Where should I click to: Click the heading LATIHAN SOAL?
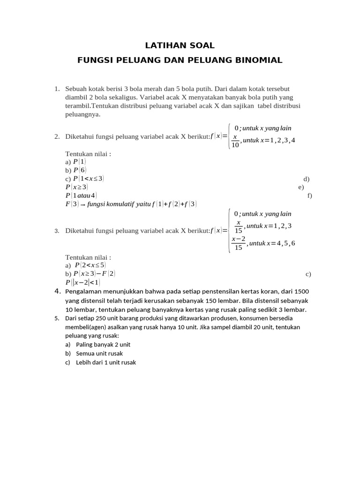180,45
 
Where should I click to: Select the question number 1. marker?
57,89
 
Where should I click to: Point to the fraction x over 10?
235,141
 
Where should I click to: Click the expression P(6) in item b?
80,170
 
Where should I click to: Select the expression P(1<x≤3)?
89,179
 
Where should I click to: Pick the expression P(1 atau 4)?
82,195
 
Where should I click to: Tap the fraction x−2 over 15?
238,243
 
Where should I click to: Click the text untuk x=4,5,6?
272,243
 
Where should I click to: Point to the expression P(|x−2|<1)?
83,282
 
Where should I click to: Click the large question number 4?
58,292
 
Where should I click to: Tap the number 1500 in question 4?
300,292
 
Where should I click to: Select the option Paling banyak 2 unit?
103,345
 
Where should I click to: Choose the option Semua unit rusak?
99,353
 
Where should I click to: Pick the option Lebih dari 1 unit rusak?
106,362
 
